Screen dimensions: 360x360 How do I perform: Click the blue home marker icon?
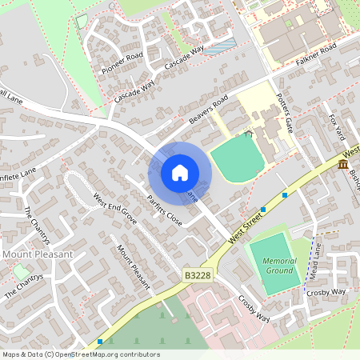coord(180,173)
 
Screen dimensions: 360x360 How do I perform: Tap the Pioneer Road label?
coord(122,62)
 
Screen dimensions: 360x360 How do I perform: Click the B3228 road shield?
coord(196,274)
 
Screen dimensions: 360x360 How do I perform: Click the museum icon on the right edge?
coord(343,165)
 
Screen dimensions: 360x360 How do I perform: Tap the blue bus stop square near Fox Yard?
coord(286,194)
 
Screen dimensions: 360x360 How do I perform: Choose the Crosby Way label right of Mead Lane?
coord(326,293)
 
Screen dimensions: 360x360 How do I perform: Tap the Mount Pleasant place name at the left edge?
coord(38,254)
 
